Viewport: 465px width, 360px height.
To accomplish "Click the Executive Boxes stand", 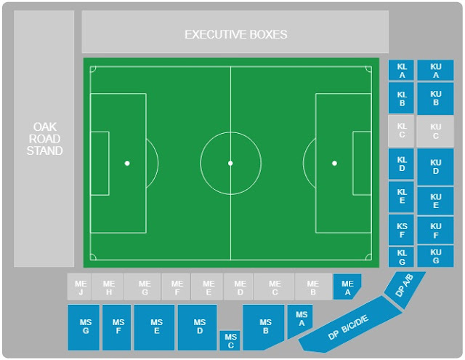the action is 235,33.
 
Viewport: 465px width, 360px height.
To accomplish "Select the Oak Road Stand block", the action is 44,138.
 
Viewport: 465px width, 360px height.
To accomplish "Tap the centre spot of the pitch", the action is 230,163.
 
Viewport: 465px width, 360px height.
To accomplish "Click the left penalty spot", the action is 127,163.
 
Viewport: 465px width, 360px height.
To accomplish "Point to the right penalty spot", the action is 334,163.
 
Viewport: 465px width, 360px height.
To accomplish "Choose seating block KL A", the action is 402,70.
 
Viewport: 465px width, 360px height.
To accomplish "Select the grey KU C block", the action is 435,131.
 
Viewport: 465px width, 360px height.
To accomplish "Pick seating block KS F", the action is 402,230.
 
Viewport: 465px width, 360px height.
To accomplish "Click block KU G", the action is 435,256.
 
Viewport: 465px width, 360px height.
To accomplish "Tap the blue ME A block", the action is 347,286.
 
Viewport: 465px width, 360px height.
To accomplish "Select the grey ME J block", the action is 80,287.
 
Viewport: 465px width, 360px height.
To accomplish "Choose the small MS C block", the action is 230,340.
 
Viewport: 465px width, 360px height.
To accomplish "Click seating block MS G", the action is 84,327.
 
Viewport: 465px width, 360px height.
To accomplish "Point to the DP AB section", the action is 405,287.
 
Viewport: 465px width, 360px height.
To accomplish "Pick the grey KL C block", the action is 402,130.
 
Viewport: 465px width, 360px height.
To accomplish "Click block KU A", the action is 435,70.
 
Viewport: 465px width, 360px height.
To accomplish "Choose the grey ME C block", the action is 274,287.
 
